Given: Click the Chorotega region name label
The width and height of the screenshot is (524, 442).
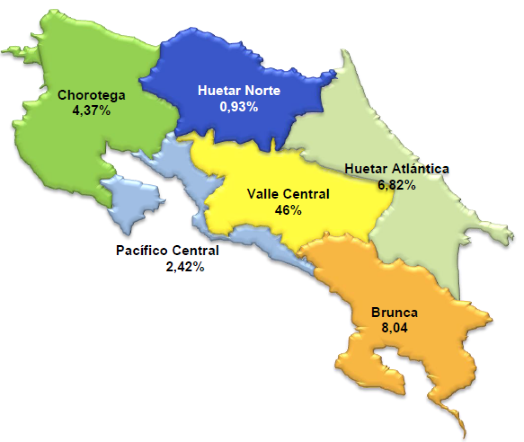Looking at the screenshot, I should coord(91,95).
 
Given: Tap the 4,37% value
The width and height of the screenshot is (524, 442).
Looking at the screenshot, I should coord(91,112).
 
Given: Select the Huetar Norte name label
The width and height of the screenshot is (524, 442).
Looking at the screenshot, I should coord(239,90).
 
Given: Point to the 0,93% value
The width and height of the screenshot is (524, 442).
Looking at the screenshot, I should coord(239,107).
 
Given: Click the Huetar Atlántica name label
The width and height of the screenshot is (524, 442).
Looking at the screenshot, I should coord(397,169).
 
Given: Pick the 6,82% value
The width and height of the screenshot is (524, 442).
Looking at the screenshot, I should coord(397,185).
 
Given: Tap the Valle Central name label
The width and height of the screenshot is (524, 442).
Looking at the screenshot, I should coord(288,194).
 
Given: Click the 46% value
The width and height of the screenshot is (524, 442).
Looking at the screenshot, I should coord(288,210).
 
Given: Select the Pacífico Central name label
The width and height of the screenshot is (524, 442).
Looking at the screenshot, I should coord(167,251).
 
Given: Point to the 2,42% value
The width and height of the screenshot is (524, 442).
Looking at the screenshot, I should coord(185,267).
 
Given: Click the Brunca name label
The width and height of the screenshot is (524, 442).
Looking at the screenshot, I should coord(394,313).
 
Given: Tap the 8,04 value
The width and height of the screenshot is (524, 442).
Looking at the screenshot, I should coord(394,329).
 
